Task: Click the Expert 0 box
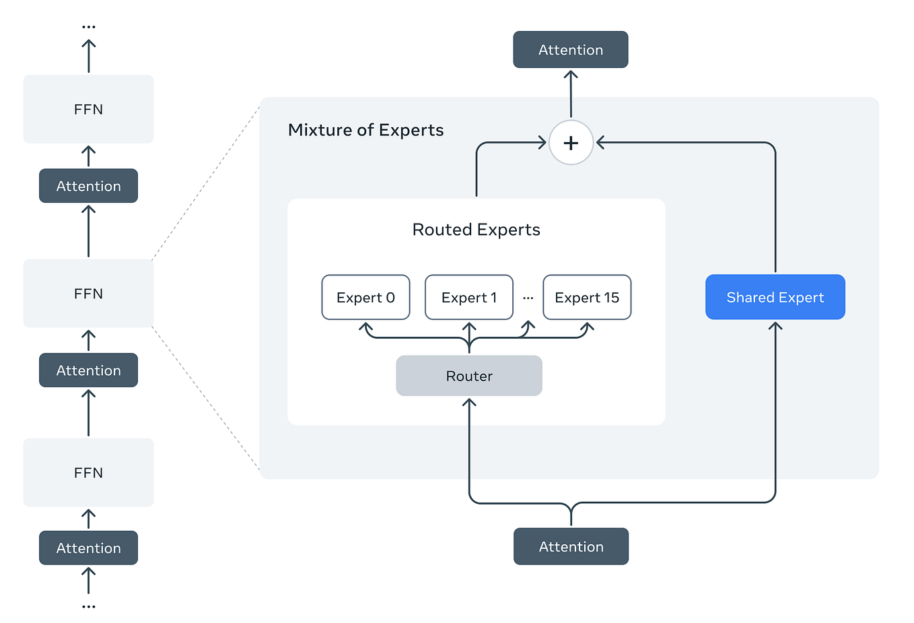[365, 297]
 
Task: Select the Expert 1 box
[468, 297]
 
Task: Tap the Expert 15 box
[587, 297]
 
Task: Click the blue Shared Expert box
[775, 297]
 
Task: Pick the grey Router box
[469, 376]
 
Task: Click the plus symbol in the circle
[571, 143]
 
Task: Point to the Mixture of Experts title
[365, 130]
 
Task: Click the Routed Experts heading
[476, 230]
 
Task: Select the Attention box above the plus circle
[570, 50]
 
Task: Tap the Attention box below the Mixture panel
[571, 546]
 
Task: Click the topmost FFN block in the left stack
[88, 109]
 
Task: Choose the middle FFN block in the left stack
[88, 294]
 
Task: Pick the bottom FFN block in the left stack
[88, 473]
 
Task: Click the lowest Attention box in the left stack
[88, 548]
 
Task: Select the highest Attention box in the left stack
[88, 186]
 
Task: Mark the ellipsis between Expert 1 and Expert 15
[528, 298]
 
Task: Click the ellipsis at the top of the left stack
[88, 27]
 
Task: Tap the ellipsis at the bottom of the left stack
[88, 607]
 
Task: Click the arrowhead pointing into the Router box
[469, 402]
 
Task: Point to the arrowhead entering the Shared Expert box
[775, 326]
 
